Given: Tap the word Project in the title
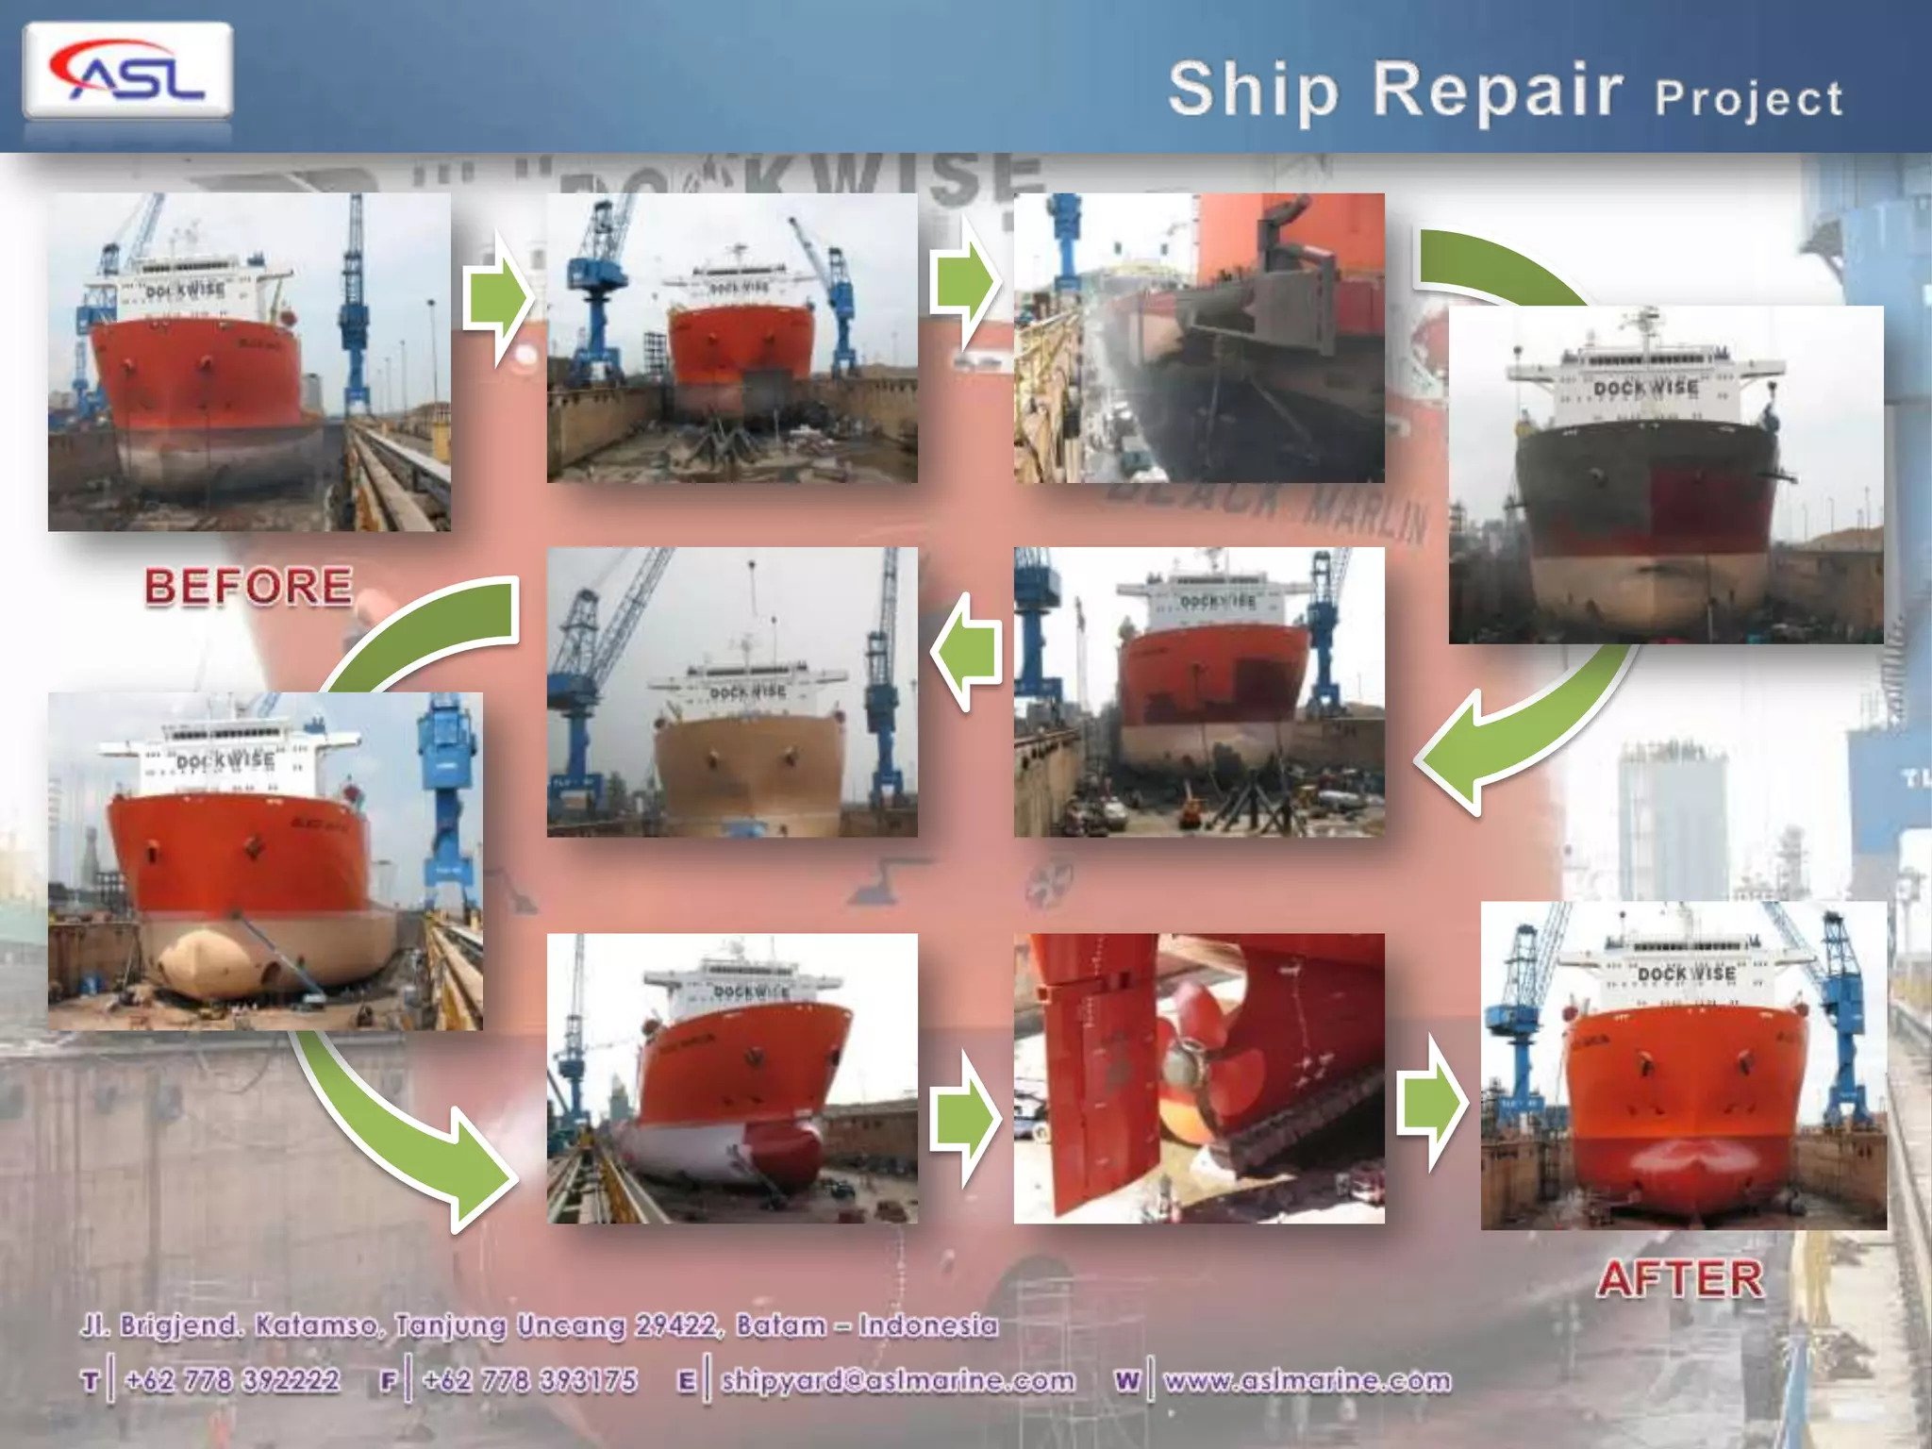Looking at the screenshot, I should coord(1748,98).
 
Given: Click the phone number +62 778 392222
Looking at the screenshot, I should coord(232,1380).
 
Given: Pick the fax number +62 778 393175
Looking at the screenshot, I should coord(530,1380).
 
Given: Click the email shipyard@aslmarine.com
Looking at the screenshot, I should coord(897,1380).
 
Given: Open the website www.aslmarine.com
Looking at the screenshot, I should coord(1307,1380).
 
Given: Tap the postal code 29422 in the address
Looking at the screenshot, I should coord(675,1325).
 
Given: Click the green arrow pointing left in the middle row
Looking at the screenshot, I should coord(967,652).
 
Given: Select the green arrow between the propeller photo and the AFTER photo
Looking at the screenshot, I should coord(1432,1104).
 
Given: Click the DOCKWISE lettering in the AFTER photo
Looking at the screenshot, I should coord(1687,973).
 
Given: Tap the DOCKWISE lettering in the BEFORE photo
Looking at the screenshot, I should coord(186,290).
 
